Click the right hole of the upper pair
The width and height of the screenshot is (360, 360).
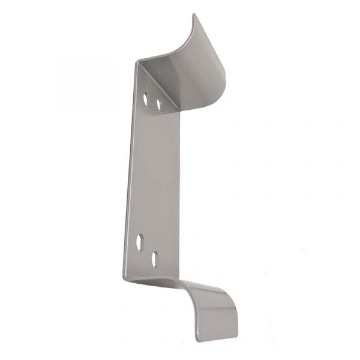(x=159, y=104)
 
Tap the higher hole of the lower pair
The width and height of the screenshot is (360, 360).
(x=140, y=241)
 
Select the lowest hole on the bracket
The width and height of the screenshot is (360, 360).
(x=155, y=259)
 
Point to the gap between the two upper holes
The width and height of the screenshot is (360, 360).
(x=152, y=100)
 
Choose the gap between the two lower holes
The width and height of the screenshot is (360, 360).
(x=148, y=250)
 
